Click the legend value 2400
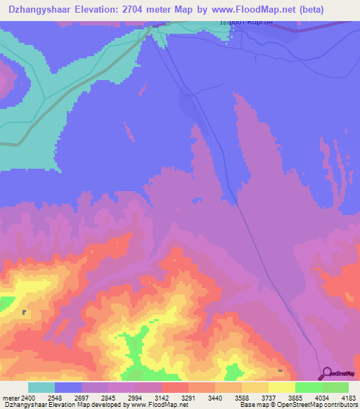27,398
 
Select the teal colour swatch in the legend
41,387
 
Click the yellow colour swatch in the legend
282,387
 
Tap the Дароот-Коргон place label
243,22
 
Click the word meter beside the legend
11,398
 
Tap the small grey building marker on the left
24,313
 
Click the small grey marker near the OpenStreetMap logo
281,370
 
